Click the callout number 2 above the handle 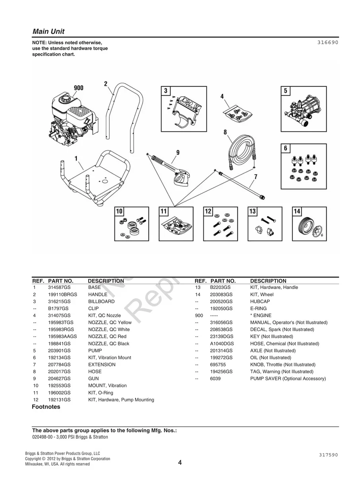[x=106, y=84]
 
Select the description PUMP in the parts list [x=95, y=350]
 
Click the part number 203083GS [x=221, y=294]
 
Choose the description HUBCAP [x=260, y=302]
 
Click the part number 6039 [x=215, y=379]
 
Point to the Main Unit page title [x=48, y=31]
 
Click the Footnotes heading [x=46, y=407]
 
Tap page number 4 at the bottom [x=180, y=463]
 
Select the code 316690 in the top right [x=327, y=42]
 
